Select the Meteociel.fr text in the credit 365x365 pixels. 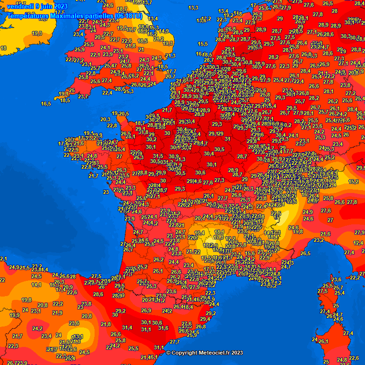click(x=218, y=353)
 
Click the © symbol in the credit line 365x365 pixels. click(x=168, y=353)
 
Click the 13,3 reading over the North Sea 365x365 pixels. click(x=193, y=8)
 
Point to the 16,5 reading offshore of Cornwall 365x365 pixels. click(x=46, y=104)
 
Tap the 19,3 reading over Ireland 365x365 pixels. click(x=37, y=33)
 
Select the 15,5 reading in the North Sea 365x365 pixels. click(x=203, y=44)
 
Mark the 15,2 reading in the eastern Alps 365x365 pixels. click(x=353, y=182)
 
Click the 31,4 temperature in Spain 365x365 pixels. click(x=127, y=327)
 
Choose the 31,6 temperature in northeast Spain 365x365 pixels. click(x=163, y=328)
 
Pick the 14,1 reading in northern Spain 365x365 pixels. click(x=37, y=285)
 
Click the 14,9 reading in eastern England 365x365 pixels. click(x=163, y=31)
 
